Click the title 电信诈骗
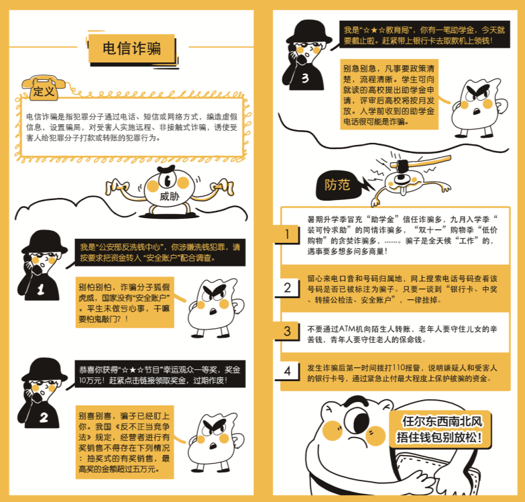point(131,48)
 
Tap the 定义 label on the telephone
point(44,91)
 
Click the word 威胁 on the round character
point(170,196)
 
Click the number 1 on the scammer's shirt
point(41,289)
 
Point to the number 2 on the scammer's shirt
point(44,417)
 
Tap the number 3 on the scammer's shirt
point(305,78)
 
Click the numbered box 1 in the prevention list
point(287,234)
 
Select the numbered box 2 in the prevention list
point(287,287)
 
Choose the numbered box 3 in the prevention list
point(287,331)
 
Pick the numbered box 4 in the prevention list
point(287,371)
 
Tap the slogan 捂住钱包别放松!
point(439,438)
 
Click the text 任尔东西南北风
point(442,421)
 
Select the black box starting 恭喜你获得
point(160,374)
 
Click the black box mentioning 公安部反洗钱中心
point(160,252)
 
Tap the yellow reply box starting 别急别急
point(390,95)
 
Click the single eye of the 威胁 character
point(167,181)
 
